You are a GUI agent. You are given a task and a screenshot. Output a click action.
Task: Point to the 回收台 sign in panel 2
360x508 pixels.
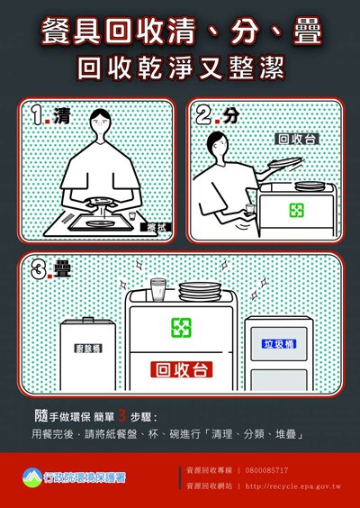(298, 140)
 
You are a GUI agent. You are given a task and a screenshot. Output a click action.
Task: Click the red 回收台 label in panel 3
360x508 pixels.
(181, 370)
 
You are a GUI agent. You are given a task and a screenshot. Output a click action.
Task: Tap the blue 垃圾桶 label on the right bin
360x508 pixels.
(280, 343)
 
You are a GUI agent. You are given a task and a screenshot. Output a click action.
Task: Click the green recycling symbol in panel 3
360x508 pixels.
(181, 326)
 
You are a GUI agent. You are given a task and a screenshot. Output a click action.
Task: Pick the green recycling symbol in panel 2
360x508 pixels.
(296, 211)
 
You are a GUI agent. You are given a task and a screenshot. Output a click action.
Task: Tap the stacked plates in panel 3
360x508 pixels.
(198, 291)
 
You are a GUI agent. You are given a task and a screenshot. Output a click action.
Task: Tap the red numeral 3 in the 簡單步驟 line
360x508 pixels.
(135, 417)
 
